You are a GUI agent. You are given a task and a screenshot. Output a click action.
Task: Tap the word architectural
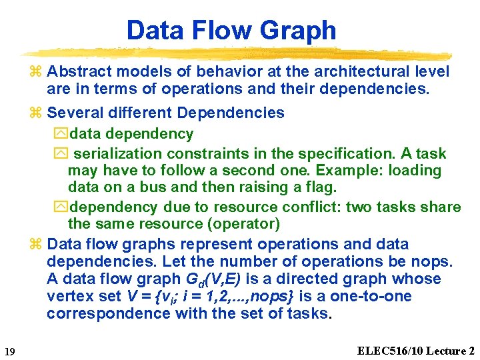[352, 71]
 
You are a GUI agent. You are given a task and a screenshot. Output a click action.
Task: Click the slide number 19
[9, 351]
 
